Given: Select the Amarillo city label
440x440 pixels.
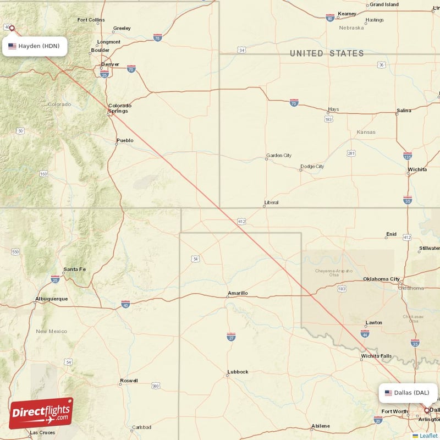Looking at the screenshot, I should coord(238,293).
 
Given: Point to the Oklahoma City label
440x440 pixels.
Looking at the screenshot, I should coord(381,279).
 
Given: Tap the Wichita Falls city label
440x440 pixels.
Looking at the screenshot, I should coord(376,356).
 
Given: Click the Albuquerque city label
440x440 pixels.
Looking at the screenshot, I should coord(51,299).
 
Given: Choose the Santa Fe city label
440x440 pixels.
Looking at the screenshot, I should coord(74,269).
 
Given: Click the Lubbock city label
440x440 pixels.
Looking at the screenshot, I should coord(238,372).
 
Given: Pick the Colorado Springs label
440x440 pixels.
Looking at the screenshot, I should coord(119,108).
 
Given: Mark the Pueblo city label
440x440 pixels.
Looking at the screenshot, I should coord(125,140).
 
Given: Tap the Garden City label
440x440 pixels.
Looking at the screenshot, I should coord(279,156).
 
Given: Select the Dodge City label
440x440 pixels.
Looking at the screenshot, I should coord(312,167).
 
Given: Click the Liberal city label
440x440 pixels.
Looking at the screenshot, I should coord(271,202).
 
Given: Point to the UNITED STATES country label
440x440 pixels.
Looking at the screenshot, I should coord(327,53).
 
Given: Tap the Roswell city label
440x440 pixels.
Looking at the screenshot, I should coord(129,381).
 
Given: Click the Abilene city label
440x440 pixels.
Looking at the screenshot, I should coord(321,426).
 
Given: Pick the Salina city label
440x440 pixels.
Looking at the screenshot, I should coord(404,111).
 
